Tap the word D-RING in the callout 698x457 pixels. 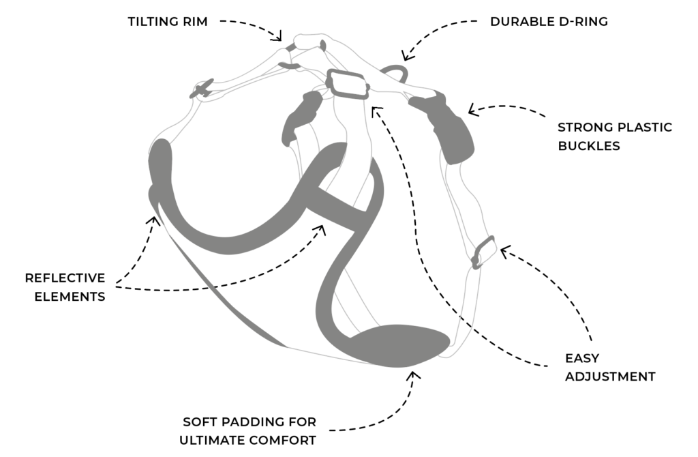583,21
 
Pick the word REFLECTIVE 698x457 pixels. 65,278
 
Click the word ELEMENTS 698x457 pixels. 70,297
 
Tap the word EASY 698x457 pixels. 582,358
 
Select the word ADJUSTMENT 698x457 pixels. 610,377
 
